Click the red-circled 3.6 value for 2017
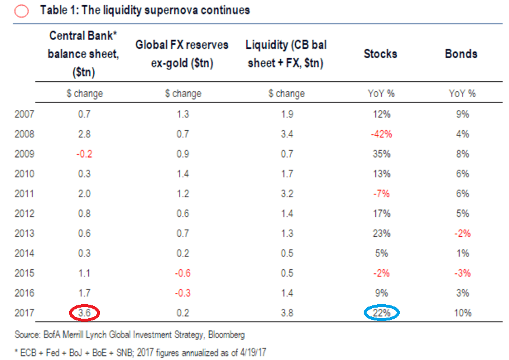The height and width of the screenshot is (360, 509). tap(84, 312)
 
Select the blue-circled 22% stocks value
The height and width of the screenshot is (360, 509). tap(381, 312)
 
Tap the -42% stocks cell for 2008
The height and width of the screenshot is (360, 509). tap(381, 134)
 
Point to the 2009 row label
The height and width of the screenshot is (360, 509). tap(24, 154)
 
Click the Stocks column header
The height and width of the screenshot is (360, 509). tap(381, 54)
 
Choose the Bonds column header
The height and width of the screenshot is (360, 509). tap(461, 54)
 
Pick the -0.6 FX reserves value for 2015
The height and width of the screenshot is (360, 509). tap(183, 273)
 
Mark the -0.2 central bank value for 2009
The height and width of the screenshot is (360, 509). tap(84, 154)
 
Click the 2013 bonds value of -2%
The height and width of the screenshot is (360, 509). tap(463, 233)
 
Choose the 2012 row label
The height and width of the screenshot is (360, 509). tap(24, 213)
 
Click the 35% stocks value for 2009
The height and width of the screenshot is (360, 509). tap(381, 154)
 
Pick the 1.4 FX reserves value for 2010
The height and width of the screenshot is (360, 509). tap(183, 173)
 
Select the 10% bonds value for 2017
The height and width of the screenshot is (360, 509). tap(463, 312)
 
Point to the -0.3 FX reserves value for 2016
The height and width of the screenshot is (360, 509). tap(183, 293)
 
